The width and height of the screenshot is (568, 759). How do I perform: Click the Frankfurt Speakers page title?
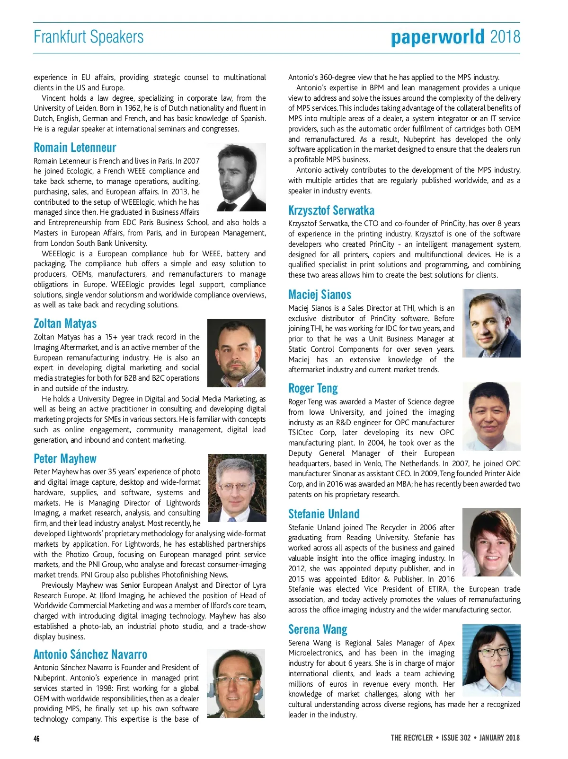(89, 37)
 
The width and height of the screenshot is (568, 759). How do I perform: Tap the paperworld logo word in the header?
(438, 37)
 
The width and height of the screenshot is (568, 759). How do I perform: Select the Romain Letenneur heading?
(75, 148)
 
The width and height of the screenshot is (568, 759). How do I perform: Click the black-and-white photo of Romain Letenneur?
(241, 177)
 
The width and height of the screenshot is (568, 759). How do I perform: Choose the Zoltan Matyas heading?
(65, 323)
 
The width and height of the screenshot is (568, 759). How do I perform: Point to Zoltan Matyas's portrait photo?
(236, 353)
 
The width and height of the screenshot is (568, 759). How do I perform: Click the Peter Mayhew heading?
(65, 459)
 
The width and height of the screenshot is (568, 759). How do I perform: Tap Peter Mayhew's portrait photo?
(237, 488)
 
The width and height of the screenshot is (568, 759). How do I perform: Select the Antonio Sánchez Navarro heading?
(90, 654)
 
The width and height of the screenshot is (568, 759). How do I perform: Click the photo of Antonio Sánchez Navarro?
(236, 683)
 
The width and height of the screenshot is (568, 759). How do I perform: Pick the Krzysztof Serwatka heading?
(331, 210)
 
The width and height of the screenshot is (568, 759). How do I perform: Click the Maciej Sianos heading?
(319, 295)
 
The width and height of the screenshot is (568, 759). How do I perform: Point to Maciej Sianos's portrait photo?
(491, 323)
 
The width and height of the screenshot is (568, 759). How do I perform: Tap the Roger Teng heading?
(313, 388)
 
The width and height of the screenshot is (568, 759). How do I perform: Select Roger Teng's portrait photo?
(491, 416)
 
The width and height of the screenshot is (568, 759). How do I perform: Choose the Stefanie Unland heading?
(324, 514)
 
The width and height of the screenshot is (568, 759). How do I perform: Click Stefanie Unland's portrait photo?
(491, 542)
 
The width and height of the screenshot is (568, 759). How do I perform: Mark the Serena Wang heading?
(318, 629)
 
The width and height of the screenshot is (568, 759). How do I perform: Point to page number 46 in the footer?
(37, 739)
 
